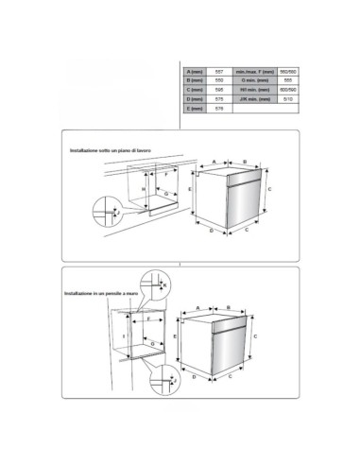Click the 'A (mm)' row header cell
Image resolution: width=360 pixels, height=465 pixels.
pyautogui.click(x=196, y=73)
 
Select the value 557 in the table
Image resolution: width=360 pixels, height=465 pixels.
pyautogui.click(x=220, y=73)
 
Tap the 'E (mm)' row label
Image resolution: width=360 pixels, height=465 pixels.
pyautogui.click(x=196, y=111)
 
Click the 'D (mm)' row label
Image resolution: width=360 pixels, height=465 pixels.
pyautogui.click(x=196, y=101)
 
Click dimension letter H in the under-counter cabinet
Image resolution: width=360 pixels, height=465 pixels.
pyautogui.click(x=144, y=190)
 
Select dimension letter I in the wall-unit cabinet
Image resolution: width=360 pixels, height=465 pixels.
pyautogui.click(x=125, y=336)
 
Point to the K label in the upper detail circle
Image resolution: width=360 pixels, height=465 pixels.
pyautogui.click(x=164, y=284)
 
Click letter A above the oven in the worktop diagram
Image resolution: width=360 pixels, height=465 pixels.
pyautogui.click(x=214, y=162)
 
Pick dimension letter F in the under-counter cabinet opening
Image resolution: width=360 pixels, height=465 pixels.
pyautogui.click(x=166, y=177)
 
